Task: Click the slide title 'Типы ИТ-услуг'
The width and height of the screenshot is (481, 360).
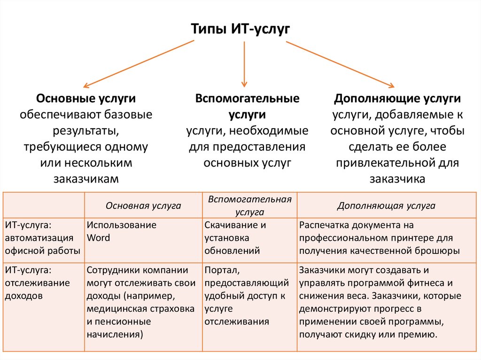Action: click(240, 29)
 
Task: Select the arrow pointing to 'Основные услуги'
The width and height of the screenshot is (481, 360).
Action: click(139, 63)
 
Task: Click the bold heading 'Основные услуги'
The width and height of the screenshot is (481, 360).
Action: click(86, 99)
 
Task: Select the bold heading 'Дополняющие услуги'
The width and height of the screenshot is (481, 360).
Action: click(397, 99)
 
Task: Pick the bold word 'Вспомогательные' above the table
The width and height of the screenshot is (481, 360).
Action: click(247, 99)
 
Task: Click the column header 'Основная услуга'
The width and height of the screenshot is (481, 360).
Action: click(143, 206)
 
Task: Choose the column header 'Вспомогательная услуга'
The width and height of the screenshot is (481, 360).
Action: click(249, 206)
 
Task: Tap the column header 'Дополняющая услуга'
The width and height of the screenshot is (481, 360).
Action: click(386, 206)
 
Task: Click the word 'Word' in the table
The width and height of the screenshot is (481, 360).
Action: click(98, 237)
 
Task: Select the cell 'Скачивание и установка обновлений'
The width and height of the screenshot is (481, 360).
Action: click(235, 237)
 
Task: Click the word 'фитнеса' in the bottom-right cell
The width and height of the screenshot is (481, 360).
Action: click(427, 283)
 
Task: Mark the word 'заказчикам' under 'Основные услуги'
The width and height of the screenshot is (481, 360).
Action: click(86, 179)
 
